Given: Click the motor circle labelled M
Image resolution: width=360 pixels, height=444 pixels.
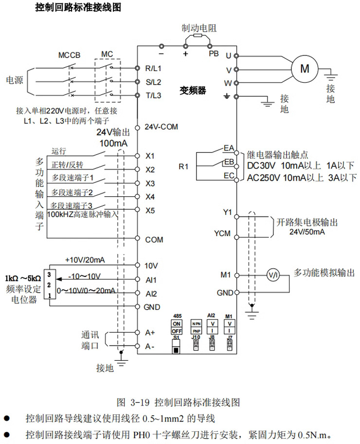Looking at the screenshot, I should coord(305,69).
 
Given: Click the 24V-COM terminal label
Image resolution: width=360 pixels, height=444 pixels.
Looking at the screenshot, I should coord(162,127).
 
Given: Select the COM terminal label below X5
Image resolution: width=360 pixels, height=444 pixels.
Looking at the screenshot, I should coord(154,240).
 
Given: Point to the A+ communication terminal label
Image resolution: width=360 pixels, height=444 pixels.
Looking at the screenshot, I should coord(150,333).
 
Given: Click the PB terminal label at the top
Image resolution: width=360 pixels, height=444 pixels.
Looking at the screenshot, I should coord(214,54).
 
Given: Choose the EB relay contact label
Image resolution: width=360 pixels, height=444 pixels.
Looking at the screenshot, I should coord(229,162).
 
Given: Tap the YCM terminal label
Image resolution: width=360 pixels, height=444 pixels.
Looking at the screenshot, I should coord(222,233).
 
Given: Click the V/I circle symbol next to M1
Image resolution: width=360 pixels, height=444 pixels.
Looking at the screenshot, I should coord(273,275).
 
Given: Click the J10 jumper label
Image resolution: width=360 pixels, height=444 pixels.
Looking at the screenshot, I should coord(196,337).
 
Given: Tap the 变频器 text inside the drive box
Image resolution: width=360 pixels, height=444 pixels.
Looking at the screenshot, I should coord(193,90).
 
